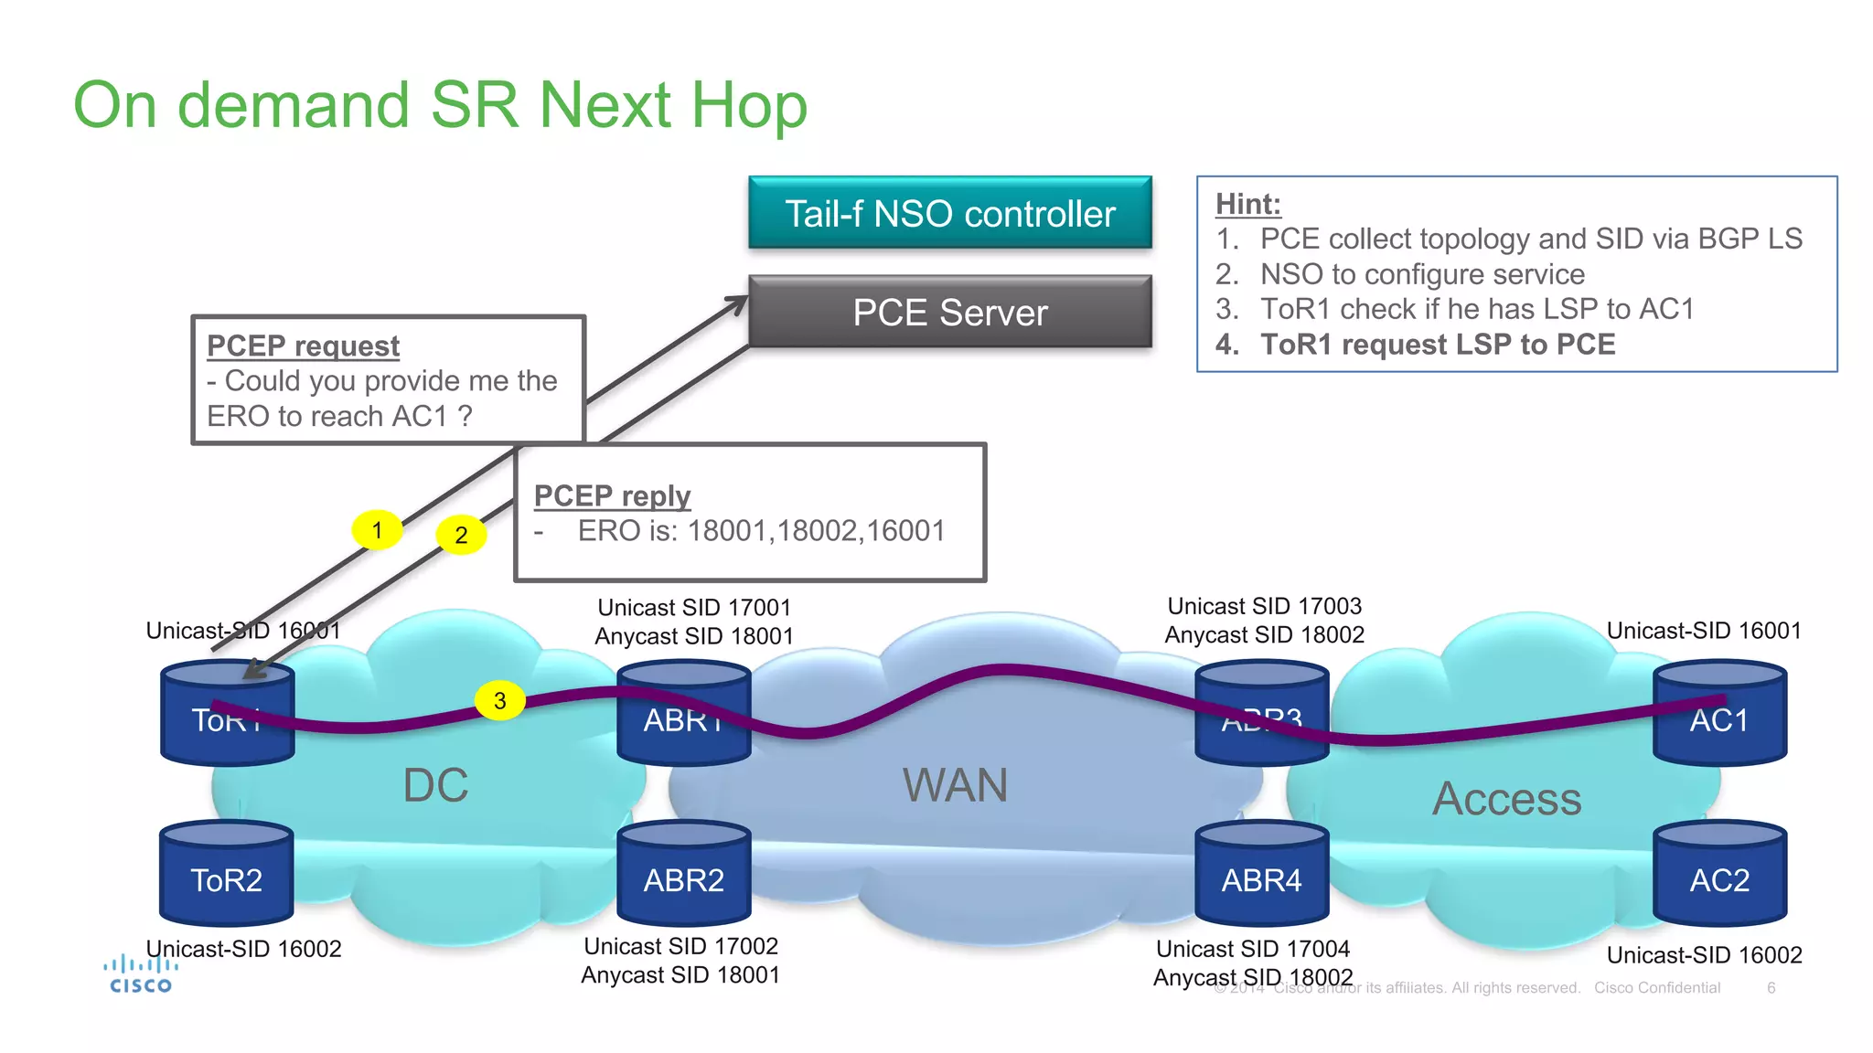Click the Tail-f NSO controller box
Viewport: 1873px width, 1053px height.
949,213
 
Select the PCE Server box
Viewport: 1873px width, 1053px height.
949,313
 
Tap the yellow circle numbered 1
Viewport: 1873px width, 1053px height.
377,530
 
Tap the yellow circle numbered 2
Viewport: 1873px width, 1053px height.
461,535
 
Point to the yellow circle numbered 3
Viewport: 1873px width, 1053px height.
499,701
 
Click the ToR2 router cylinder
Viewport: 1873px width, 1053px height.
227,876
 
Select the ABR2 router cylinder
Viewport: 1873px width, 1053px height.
684,876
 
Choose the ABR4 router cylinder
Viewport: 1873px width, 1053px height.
1261,876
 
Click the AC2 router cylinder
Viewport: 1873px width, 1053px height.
1719,876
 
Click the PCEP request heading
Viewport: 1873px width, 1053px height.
303,346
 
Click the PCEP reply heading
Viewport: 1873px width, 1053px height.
612,495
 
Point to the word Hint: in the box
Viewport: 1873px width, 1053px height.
1247,204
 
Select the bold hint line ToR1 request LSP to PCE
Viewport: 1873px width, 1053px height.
1437,345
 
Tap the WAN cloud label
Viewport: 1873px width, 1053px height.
955,785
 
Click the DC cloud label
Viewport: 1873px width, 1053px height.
435,785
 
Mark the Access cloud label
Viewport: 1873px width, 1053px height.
1506,799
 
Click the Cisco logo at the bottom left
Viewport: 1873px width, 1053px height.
140,974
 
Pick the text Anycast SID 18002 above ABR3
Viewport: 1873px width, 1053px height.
1264,634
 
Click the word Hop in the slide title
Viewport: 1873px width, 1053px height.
749,105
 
